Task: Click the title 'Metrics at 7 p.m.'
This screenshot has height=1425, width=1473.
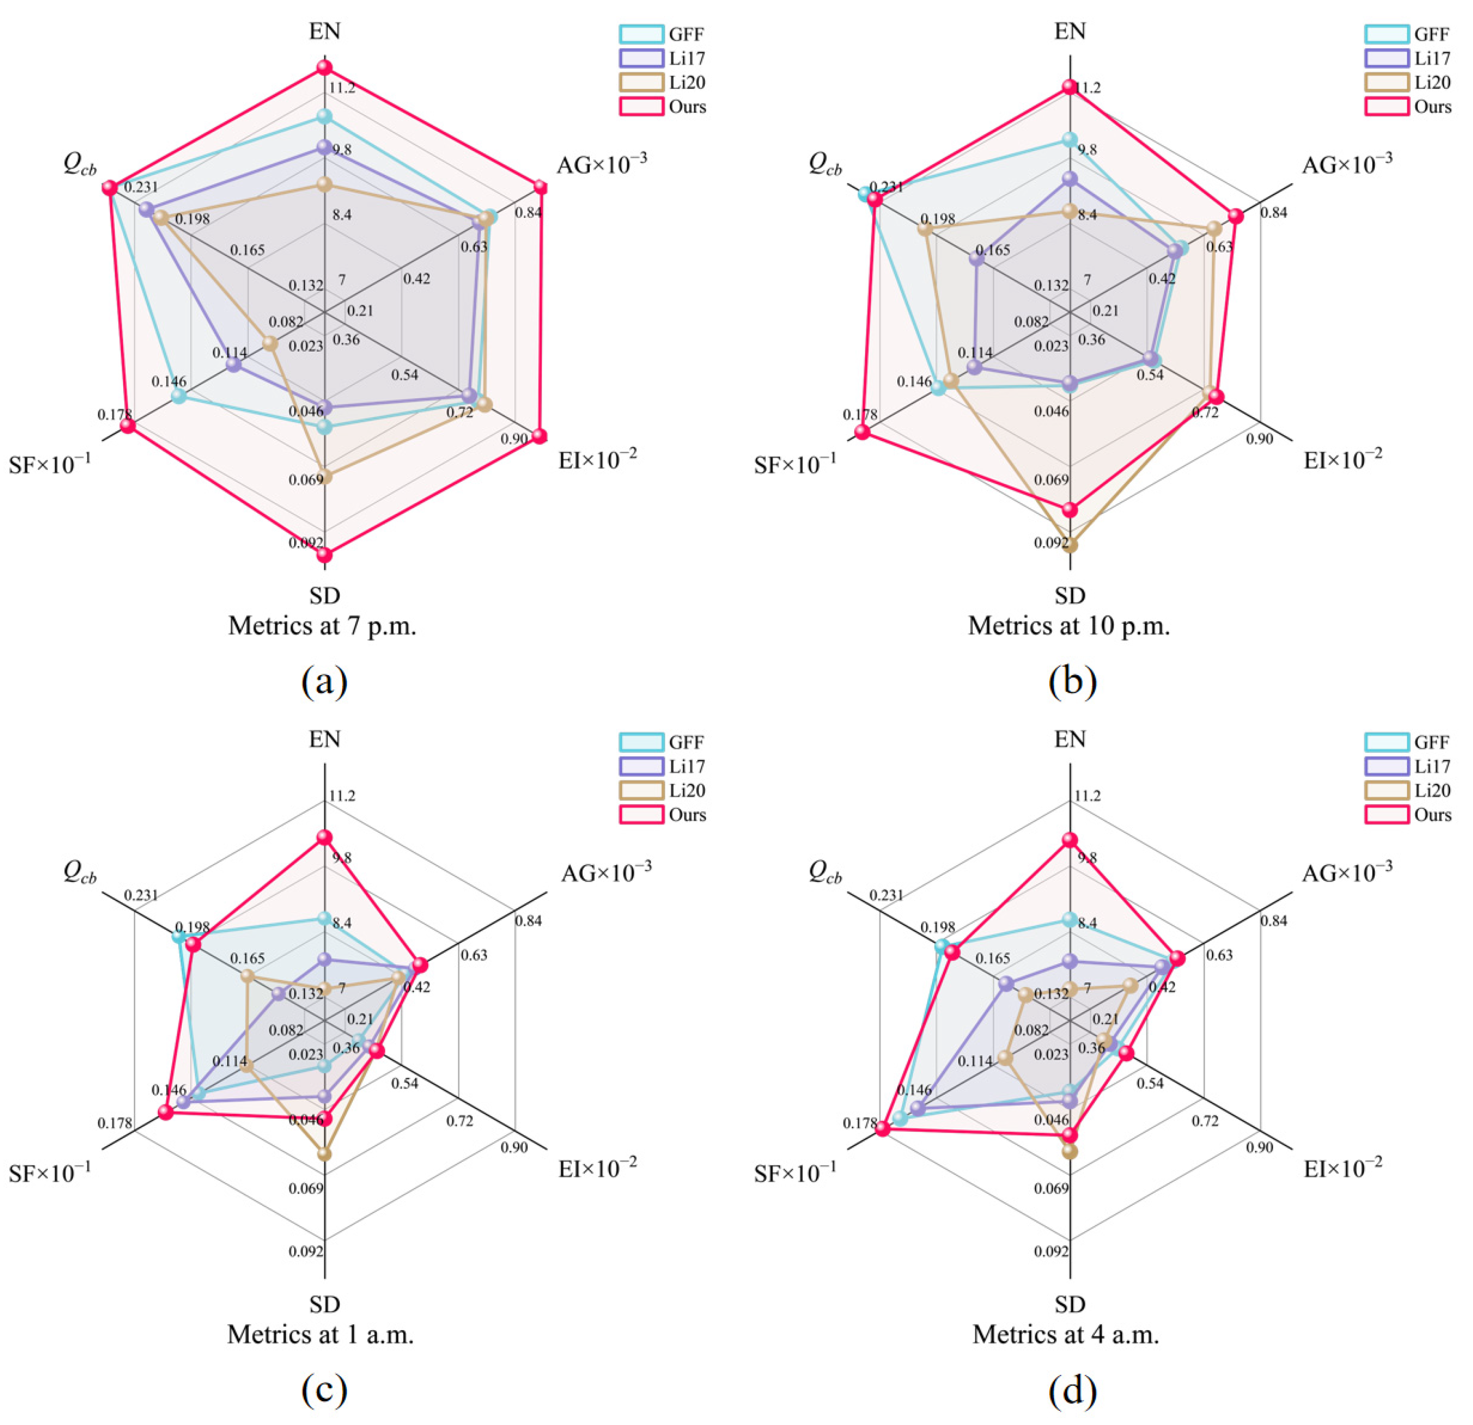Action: tap(323, 626)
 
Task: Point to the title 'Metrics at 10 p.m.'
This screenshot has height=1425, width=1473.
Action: tap(1069, 626)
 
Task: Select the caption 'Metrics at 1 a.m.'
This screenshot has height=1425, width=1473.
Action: tap(321, 1334)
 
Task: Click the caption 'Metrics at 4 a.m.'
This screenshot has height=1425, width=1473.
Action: tap(1066, 1334)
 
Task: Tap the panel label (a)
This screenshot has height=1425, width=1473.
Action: tap(324, 681)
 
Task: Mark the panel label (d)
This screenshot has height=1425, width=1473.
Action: tap(1072, 1390)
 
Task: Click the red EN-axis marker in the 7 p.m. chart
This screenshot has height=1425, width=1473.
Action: tap(324, 67)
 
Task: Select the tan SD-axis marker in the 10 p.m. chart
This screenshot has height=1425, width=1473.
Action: tap(1070, 545)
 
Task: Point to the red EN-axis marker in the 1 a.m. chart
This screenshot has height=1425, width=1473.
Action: tap(324, 838)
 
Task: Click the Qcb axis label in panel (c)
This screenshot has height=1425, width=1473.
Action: tap(80, 872)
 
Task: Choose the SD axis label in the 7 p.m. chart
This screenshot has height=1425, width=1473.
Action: tap(325, 596)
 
